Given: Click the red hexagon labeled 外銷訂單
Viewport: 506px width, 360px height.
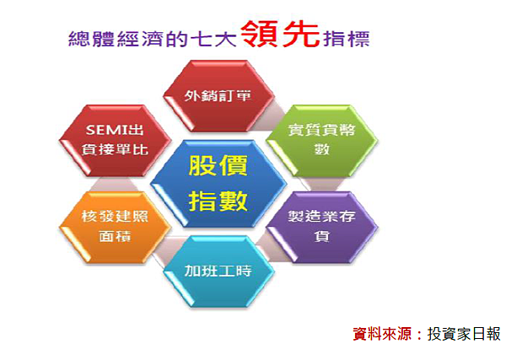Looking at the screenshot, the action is tap(218, 96).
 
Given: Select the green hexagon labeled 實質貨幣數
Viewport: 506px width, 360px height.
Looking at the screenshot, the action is tap(322, 141).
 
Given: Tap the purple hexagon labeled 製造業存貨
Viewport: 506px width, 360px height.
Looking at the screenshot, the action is tap(322, 228).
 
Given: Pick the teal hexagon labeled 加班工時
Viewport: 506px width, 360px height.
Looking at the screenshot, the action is tap(218, 271).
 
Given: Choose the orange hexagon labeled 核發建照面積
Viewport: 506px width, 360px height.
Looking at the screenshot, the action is tap(116, 228).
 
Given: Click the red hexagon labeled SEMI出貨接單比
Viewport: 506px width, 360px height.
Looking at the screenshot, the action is tap(116, 141).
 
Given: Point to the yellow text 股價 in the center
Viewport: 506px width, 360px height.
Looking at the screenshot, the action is tap(218, 165).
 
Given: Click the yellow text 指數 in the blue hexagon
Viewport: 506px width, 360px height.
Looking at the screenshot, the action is tap(218, 201).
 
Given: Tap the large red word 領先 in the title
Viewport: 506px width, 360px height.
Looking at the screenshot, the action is tap(280, 35).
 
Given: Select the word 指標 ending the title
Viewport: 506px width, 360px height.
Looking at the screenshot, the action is tap(347, 39).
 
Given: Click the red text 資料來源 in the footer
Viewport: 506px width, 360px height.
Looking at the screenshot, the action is tap(382, 334).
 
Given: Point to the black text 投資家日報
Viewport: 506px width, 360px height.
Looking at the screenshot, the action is tap(464, 334).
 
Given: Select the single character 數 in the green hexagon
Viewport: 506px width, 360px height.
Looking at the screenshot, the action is tap(322, 149).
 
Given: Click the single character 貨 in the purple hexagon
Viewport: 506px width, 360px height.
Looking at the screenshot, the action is tap(322, 236).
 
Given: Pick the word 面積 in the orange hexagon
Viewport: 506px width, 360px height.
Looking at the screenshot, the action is tap(115, 236).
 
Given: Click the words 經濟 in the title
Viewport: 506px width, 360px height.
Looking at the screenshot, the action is tap(140, 39).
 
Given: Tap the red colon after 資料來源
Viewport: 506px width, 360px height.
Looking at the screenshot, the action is tap(419, 334).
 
